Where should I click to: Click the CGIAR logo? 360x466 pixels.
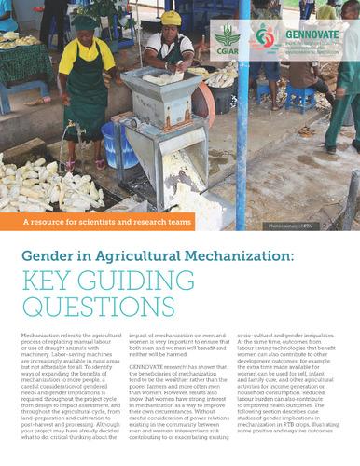227,40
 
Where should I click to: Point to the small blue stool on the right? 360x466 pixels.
301,97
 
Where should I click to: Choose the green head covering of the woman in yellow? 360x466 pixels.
86,21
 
